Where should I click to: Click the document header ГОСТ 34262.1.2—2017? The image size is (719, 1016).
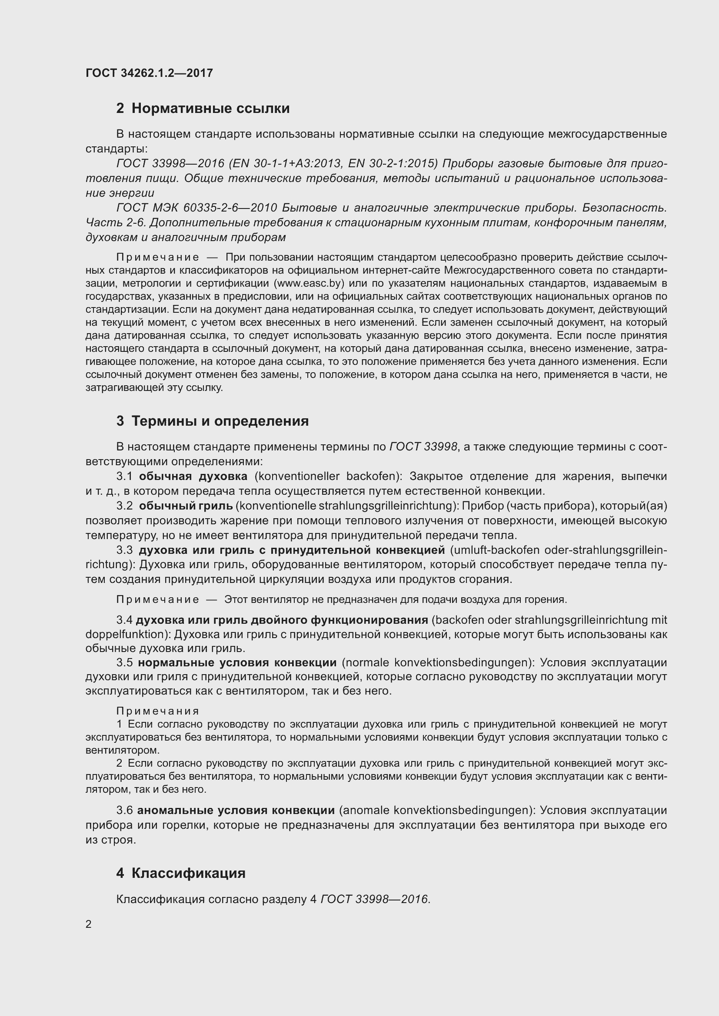[x=149, y=73]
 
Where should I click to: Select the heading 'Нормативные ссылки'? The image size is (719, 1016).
[x=210, y=109]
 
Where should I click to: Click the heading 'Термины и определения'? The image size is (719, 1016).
[x=220, y=421]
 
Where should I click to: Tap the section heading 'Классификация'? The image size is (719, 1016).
[x=188, y=873]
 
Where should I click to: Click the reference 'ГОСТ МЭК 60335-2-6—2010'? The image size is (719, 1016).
[x=196, y=208]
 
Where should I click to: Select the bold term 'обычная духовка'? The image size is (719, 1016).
[x=193, y=477]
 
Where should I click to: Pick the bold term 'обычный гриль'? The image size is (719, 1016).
[x=186, y=506]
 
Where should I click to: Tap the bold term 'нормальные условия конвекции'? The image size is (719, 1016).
[x=237, y=662]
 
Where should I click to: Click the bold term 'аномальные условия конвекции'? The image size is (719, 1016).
[x=236, y=810]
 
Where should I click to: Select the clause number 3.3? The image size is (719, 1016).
[x=124, y=550]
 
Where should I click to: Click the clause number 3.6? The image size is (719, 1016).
[x=124, y=810]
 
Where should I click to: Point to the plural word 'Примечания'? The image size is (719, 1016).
[x=158, y=711]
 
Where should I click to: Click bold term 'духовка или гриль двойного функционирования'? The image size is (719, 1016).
[x=282, y=620]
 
